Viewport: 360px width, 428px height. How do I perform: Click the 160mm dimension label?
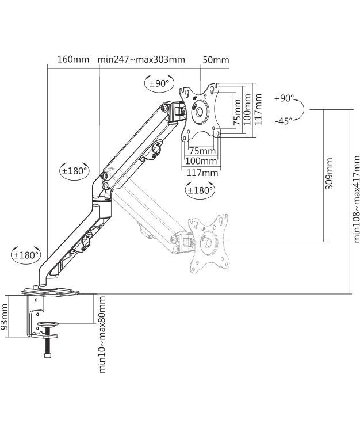[73, 59]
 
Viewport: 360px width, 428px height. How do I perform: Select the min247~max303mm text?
[141, 59]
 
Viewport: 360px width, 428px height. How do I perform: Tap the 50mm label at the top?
[216, 60]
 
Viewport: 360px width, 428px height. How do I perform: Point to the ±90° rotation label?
[159, 83]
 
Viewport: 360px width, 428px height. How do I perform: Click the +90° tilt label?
[284, 98]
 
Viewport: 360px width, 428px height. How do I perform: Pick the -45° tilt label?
[283, 121]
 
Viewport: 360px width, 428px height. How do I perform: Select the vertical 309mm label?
[329, 178]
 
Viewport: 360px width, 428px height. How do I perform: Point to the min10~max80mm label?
[102, 334]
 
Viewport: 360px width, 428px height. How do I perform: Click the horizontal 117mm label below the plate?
[202, 172]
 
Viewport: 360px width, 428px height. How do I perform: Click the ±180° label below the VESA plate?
[200, 189]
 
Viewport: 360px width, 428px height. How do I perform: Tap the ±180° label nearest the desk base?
[26, 254]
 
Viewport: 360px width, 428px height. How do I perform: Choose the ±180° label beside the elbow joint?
[75, 170]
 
